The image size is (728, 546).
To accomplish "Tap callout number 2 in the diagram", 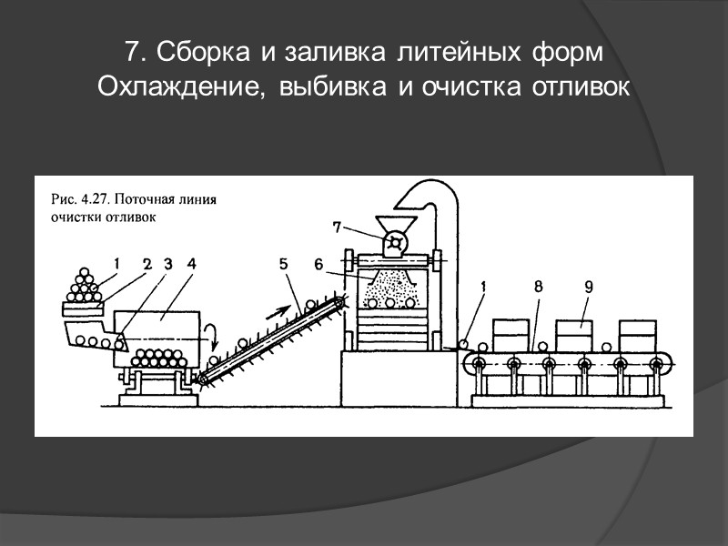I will (x=146, y=264).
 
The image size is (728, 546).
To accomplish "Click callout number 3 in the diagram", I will (x=167, y=264).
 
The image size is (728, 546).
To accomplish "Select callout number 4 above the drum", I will (x=191, y=264).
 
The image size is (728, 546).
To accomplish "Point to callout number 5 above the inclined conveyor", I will (x=284, y=264).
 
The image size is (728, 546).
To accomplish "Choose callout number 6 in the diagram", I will (x=318, y=264).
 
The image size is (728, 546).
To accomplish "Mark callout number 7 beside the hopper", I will (x=338, y=227).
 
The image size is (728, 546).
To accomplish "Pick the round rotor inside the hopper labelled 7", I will (x=395, y=243).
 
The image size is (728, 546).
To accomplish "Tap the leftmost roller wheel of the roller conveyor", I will (x=478, y=364).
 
